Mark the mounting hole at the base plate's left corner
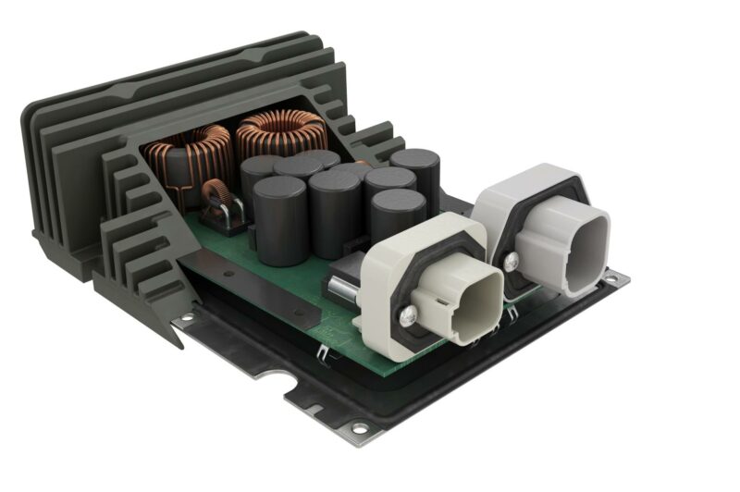(x=188, y=317)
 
